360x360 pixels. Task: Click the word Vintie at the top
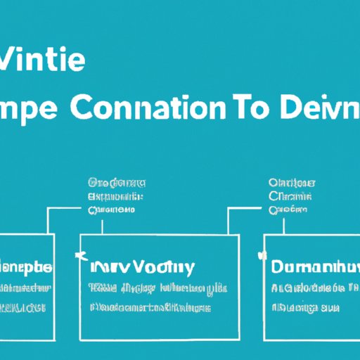tap(44, 61)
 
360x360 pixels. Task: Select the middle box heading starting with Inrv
tap(142, 268)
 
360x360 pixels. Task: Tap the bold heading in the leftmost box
tap(26, 268)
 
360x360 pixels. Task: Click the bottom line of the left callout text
tap(112, 210)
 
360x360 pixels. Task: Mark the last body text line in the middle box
tap(151, 308)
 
